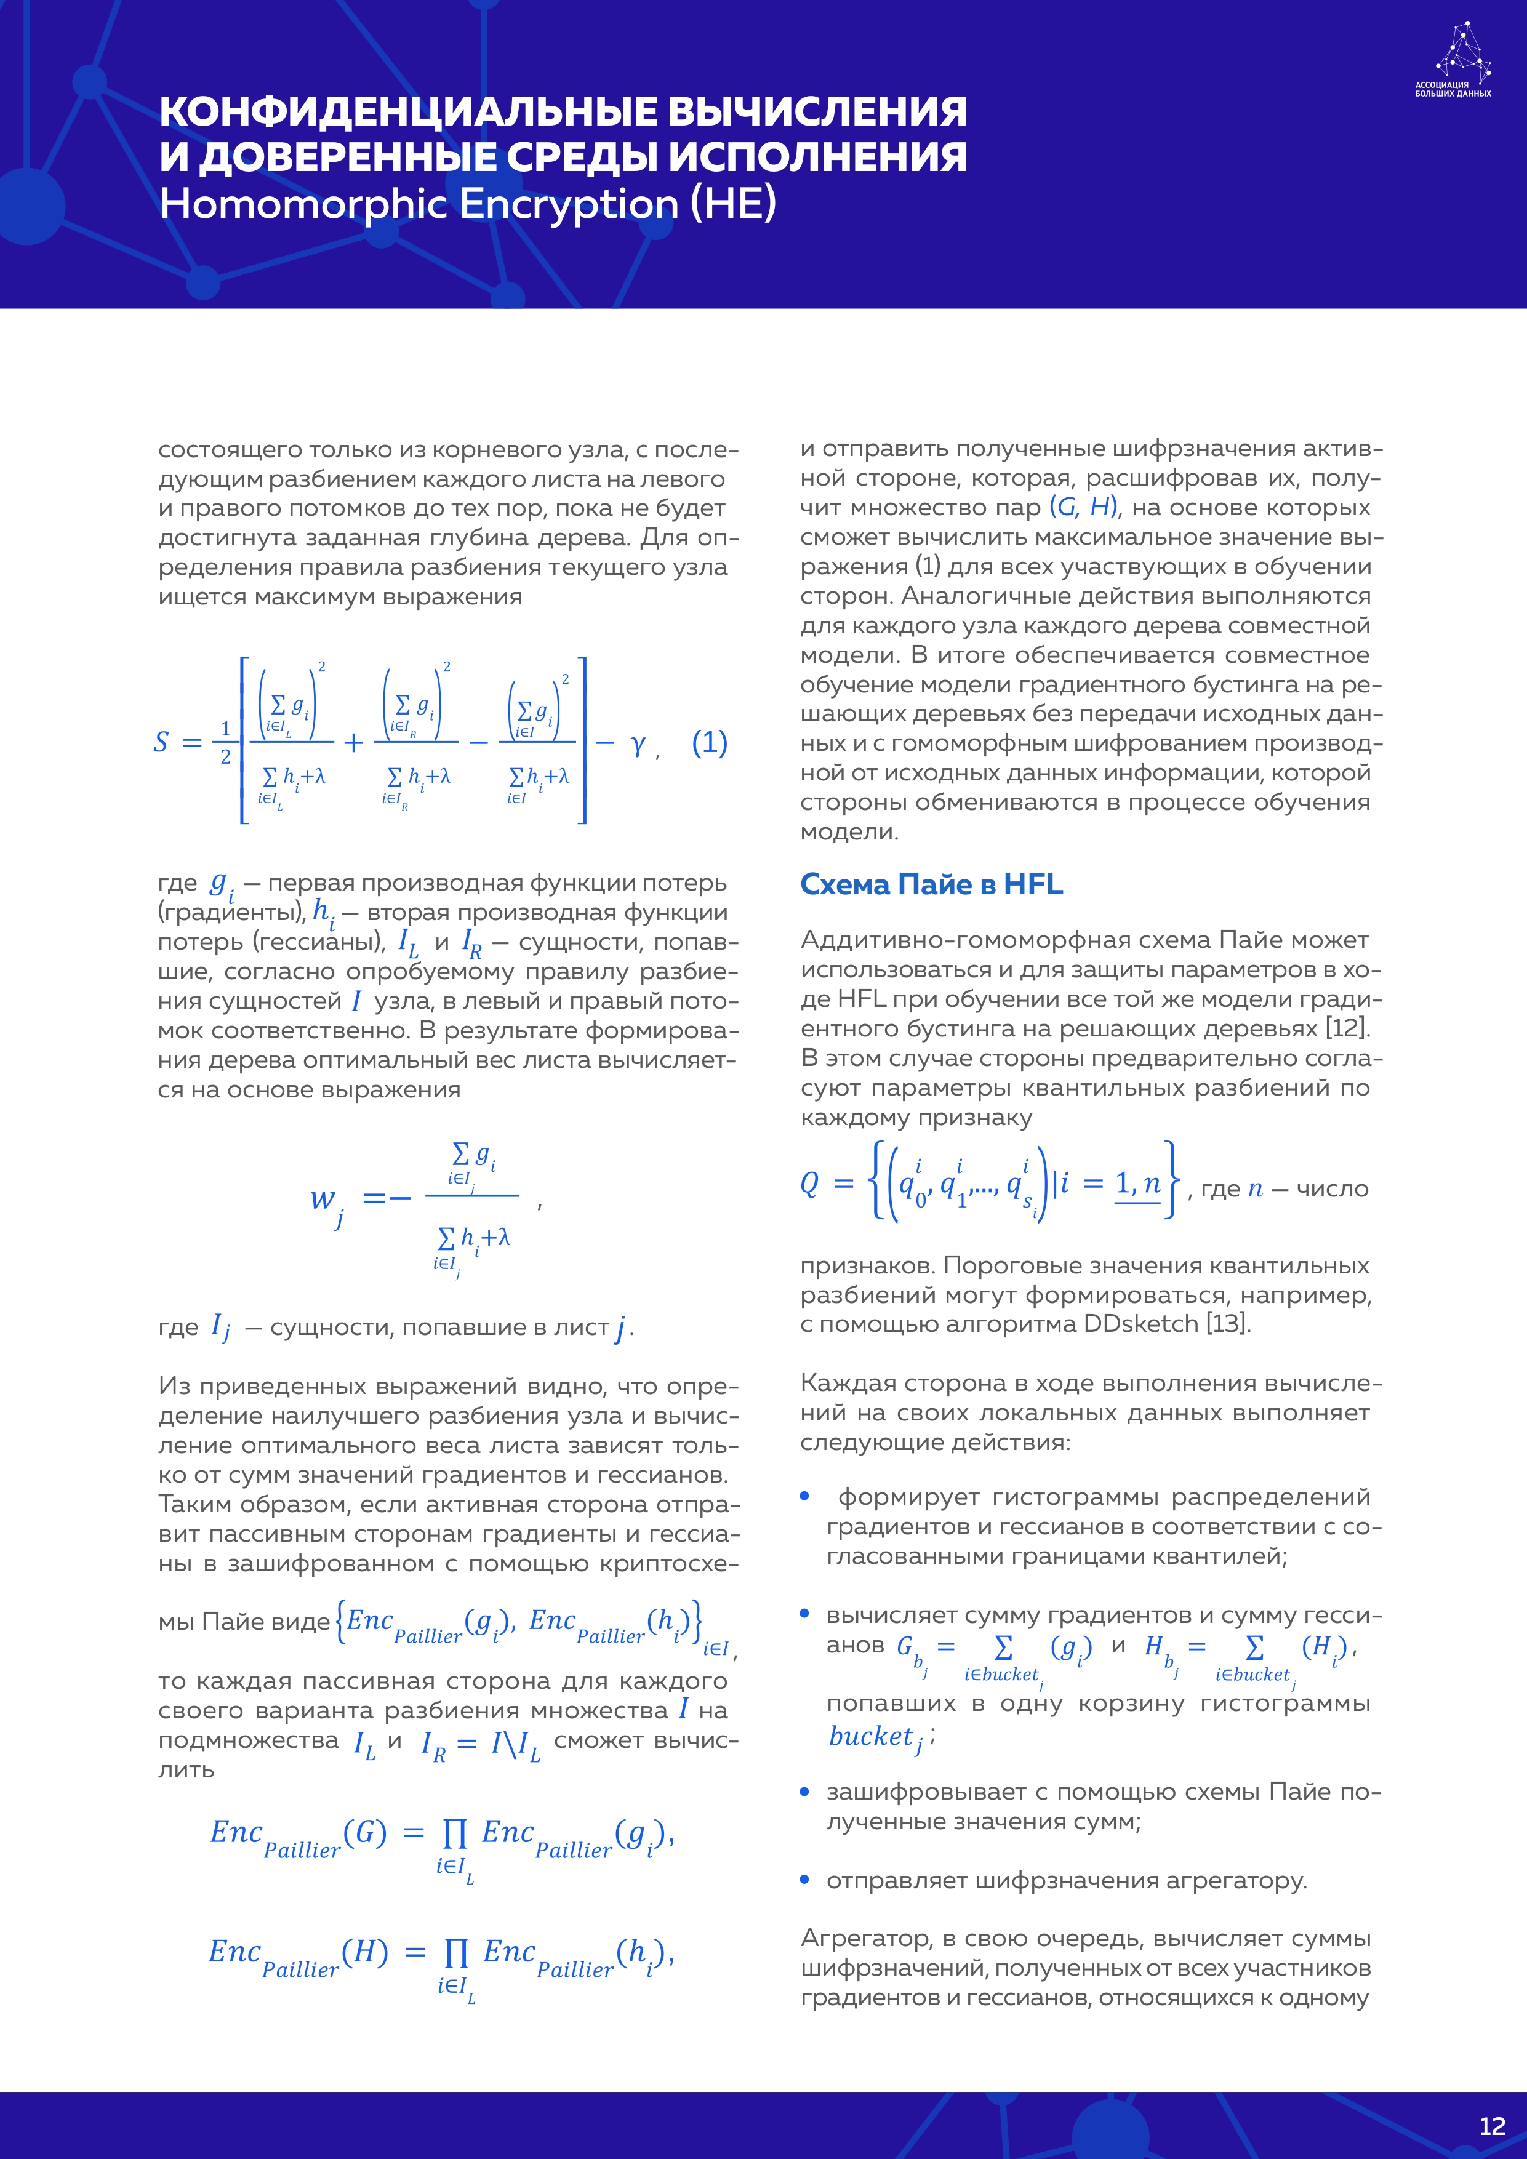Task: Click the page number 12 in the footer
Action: coord(1492,2126)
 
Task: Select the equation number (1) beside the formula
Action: coord(710,743)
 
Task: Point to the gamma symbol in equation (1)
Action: coord(638,745)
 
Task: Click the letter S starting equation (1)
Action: coord(161,743)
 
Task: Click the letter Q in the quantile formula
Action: coord(809,1183)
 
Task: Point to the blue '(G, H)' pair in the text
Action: coord(1083,508)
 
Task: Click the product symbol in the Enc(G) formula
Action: coord(455,1833)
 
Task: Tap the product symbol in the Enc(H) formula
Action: coord(456,1953)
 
